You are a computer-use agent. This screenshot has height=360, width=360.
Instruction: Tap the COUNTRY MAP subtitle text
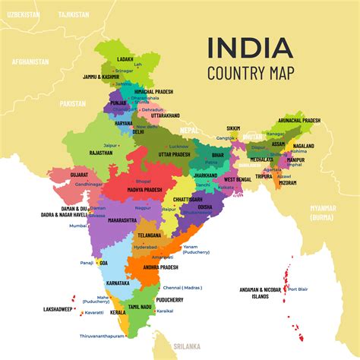coord(249,73)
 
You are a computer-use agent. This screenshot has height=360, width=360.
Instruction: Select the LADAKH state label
coord(126,58)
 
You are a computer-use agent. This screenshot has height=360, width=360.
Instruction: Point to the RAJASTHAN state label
coord(100,152)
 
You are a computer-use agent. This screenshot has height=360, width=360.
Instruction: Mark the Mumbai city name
coord(78,226)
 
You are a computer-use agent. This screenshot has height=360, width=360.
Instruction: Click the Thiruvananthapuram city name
coord(102,336)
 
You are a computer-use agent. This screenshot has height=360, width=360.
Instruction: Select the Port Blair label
coord(298,289)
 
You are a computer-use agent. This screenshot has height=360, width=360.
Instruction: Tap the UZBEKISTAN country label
coord(22,14)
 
